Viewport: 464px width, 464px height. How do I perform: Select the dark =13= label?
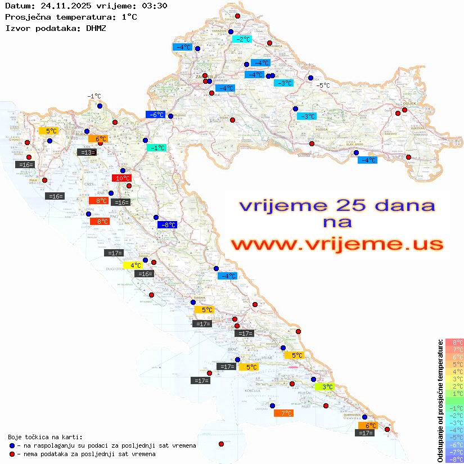pos(86,152)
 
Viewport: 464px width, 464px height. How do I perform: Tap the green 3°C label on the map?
pos(325,386)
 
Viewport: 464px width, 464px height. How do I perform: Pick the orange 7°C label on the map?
pos(283,413)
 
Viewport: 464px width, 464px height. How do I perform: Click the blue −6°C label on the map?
pos(155,115)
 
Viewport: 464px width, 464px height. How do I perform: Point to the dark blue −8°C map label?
pos(168,225)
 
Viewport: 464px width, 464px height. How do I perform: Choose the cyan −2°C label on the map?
pos(242,39)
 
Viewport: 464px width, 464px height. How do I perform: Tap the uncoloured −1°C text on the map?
pos(94,96)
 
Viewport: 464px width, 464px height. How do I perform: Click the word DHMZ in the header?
pos(96,28)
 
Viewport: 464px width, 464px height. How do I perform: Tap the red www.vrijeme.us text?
pos(337,244)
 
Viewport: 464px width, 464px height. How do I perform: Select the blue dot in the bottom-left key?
pos(12,445)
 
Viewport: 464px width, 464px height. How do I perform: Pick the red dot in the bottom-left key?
pos(12,454)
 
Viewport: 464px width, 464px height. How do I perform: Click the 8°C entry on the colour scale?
pos(454,342)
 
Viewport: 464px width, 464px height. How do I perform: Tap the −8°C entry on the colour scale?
pos(454,459)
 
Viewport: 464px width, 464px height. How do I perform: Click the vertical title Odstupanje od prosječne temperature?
pos(440,400)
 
